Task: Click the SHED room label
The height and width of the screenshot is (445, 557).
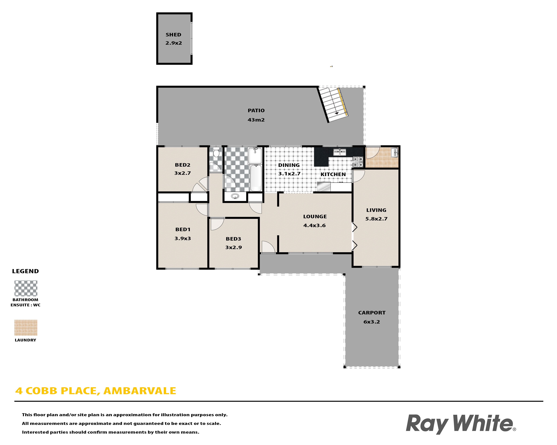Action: [x=173, y=35]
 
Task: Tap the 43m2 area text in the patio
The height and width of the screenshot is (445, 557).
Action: [x=256, y=120]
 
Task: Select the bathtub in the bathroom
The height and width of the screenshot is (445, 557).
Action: [x=256, y=178]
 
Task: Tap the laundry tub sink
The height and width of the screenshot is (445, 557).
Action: [x=395, y=152]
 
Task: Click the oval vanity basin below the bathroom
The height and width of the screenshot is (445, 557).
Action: [x=235, y=197]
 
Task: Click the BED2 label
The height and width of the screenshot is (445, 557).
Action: [x=183, y=165]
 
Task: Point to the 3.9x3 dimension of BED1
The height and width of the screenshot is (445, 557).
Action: [x=183, y=238]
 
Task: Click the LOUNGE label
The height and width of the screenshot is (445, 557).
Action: [x=315, y=216]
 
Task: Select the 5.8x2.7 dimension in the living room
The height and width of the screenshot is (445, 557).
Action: [x=376, y=219]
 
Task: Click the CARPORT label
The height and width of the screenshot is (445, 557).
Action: [x=372, y=313]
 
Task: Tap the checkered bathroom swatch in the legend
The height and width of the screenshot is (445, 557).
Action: [x=26, y=288]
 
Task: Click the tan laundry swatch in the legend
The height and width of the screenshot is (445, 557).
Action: [x=26, y=328]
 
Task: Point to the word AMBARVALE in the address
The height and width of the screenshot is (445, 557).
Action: [x=140, y=391]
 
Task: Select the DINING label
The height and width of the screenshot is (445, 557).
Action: [x=289, y=165]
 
